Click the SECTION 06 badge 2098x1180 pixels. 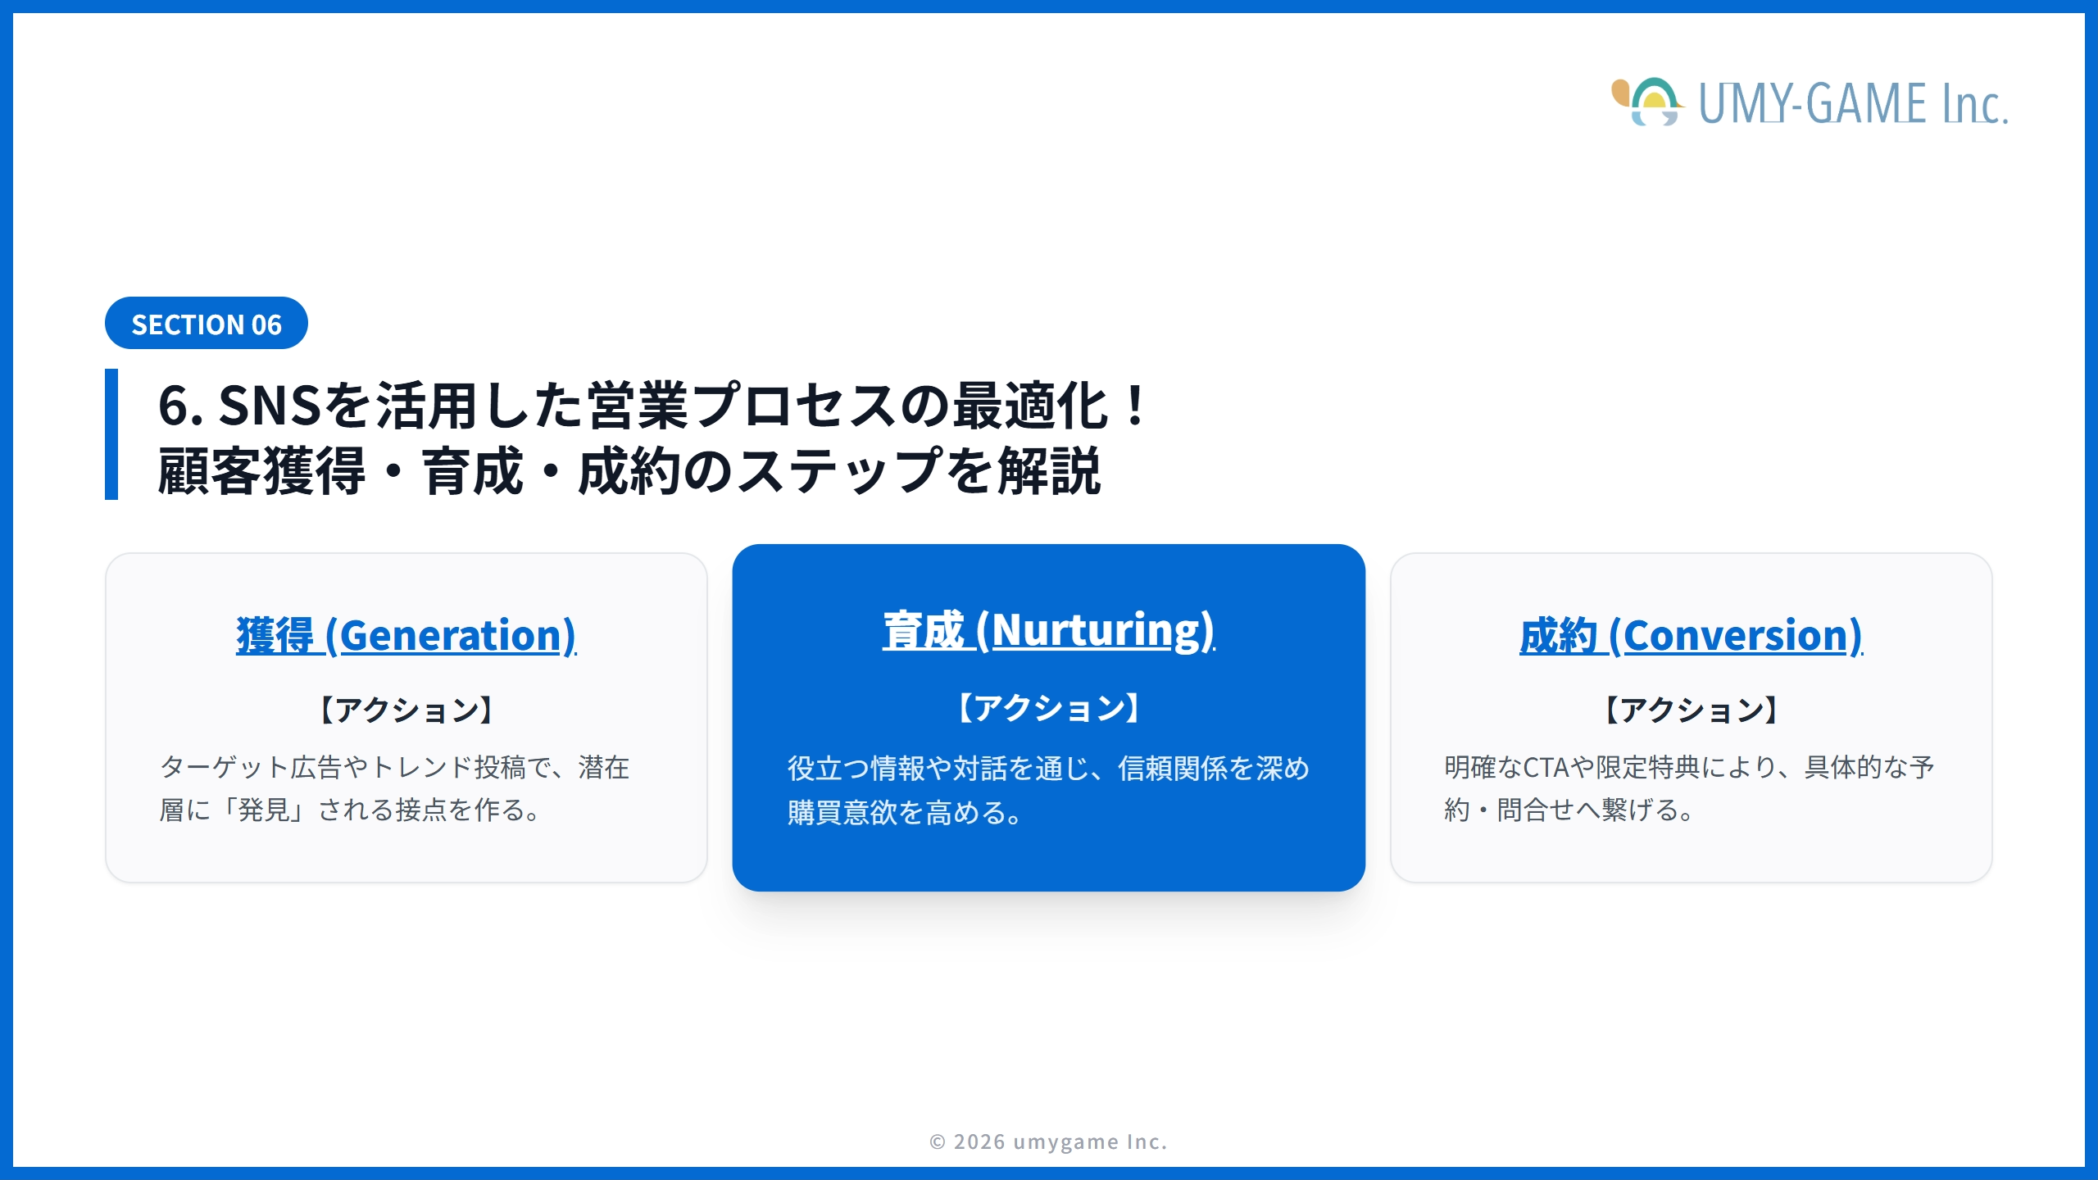click(207, 324)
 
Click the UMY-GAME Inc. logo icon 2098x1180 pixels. click(1648, 102)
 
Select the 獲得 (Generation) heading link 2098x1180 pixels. click(406, 635)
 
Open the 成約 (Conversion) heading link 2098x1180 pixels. click(1691, 635)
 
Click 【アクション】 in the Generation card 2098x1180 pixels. click(406, 710)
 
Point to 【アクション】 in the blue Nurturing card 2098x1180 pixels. click(1048, 708)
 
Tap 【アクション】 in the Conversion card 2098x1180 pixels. click(1691, 710)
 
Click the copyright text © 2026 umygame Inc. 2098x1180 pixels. click(1048, 1141)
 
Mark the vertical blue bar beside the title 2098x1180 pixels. click(111, 433)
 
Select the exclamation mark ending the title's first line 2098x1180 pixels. click(1136, 406)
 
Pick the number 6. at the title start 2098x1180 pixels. click(180, 406)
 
